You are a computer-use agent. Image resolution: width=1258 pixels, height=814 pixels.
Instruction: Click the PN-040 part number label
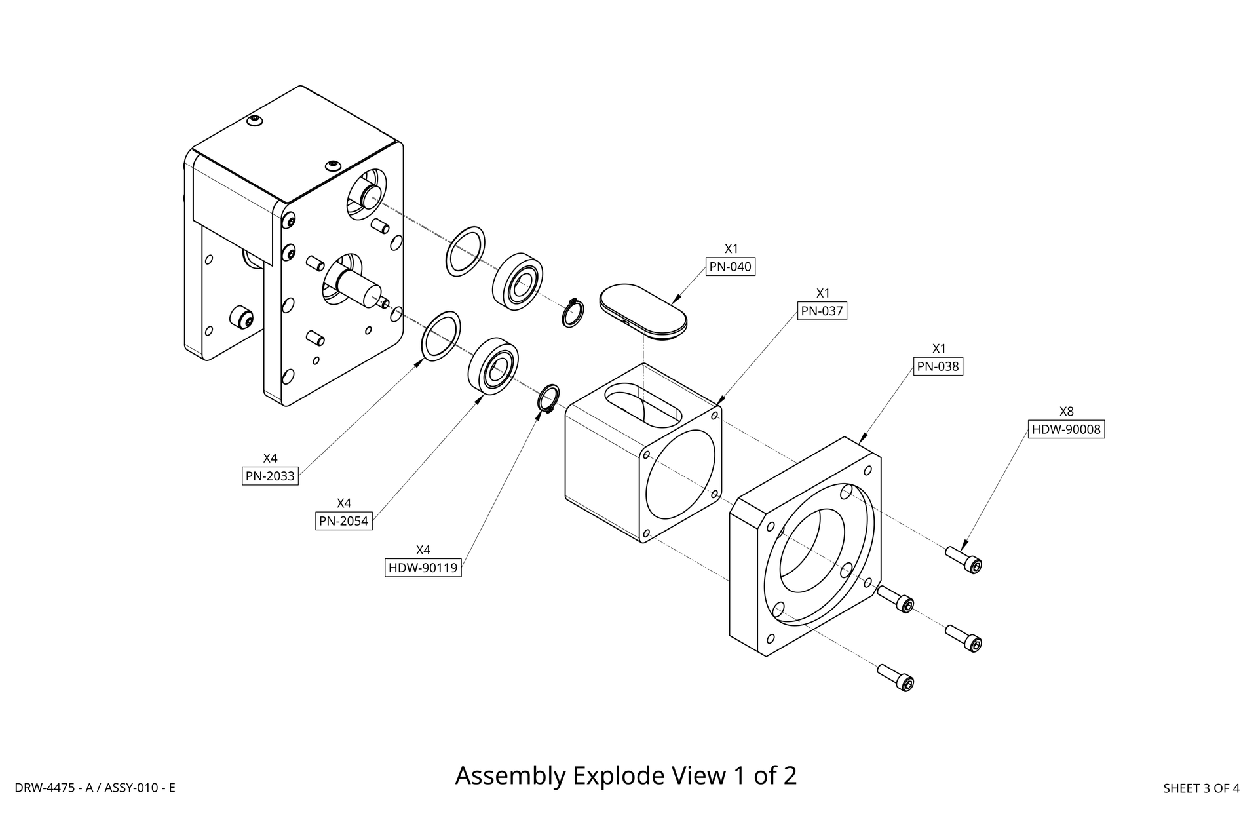(730, 267)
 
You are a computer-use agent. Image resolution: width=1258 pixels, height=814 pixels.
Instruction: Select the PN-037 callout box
(822, 311)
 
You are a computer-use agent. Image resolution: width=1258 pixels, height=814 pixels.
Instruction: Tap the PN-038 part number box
(938, 366)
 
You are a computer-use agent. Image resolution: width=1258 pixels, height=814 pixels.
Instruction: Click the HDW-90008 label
(1066, 430)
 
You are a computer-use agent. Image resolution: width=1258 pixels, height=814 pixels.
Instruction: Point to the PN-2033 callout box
(270, 476)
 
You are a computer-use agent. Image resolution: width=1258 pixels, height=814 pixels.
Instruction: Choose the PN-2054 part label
(343, 522)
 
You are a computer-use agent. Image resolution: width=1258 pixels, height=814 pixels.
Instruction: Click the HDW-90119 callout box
(423, 568)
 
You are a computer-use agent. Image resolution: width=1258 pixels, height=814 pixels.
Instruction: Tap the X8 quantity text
(1066, 412)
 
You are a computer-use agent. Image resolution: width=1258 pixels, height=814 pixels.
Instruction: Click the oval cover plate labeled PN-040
(643, 311)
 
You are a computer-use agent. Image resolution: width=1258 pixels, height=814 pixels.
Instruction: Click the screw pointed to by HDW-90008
(964, 559)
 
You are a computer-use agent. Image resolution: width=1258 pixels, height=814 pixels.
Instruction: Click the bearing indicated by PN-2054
(493, 366)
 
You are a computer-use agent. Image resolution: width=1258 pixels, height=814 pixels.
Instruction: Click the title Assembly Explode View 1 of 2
(626, 775)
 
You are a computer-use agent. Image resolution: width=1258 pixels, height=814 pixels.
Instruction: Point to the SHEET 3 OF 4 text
(1200, 788)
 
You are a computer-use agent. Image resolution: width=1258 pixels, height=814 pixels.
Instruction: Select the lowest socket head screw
(895, 677)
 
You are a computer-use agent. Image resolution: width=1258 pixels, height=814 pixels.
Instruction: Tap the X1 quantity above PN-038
(939, 348)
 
